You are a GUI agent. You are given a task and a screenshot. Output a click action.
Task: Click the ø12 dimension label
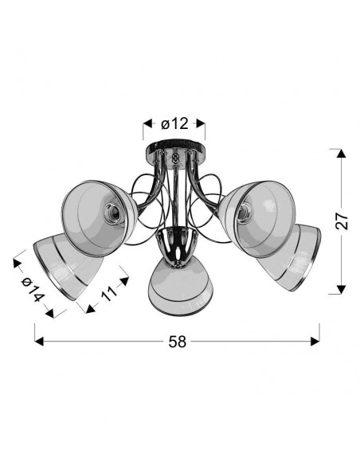[x=174, y=123]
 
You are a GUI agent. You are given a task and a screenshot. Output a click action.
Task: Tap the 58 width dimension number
[x=178, y=342]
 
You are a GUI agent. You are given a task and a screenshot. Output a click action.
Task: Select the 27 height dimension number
[x=342, y=221]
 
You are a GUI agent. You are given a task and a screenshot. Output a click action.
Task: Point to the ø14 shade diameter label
[x=33, y=290]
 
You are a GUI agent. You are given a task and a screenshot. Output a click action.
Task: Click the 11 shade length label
[x=109, y=293]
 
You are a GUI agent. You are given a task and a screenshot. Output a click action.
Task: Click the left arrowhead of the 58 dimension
[x=39, y=342]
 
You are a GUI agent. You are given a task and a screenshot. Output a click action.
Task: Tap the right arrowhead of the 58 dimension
[x=315, y=342]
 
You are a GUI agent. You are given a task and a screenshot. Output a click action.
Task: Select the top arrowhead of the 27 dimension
[x=342, y=154]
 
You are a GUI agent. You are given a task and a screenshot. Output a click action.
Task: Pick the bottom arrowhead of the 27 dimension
[x=342, y=290]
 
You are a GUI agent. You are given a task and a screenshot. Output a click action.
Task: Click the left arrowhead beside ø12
[x=147, y=123]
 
